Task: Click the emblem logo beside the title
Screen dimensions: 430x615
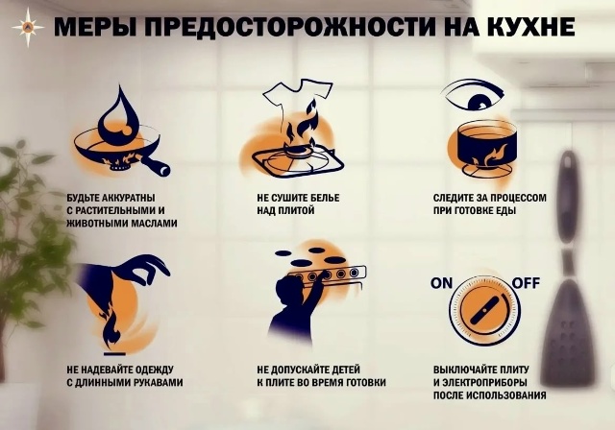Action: click(x=27, y=25)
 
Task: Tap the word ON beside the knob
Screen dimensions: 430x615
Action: click(x=441, y=282)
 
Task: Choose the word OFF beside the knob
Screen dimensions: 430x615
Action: click(x=525, y=282)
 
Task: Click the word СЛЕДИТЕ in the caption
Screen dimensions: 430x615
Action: click(x=458, y=197)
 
